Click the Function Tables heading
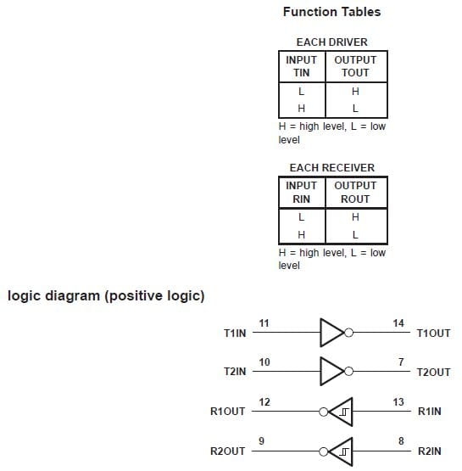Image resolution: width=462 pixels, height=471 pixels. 331,12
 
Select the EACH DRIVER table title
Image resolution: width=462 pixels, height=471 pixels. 331,42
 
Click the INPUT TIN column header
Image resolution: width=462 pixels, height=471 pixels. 301,66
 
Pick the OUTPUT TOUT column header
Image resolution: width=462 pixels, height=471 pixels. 355,66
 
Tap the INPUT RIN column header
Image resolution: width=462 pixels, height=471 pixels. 301,192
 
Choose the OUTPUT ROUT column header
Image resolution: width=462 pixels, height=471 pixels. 355,192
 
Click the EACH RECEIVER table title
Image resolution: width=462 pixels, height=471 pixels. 331,167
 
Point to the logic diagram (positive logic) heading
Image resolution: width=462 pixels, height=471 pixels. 106,296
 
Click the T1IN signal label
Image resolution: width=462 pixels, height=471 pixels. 235,334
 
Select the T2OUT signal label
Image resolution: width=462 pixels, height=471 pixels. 434,373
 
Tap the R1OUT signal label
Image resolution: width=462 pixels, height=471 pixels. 228,412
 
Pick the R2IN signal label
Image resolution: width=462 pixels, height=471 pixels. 431,451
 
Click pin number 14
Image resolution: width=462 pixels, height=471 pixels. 398,323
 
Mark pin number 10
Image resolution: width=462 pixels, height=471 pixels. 264,362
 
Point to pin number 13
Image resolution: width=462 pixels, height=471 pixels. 398,401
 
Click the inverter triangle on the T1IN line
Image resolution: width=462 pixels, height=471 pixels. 331,333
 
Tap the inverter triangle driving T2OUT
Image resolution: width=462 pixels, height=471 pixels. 331,372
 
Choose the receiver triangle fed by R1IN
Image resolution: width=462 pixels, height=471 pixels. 341,412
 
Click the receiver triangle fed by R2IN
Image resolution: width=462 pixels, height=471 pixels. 341,451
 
